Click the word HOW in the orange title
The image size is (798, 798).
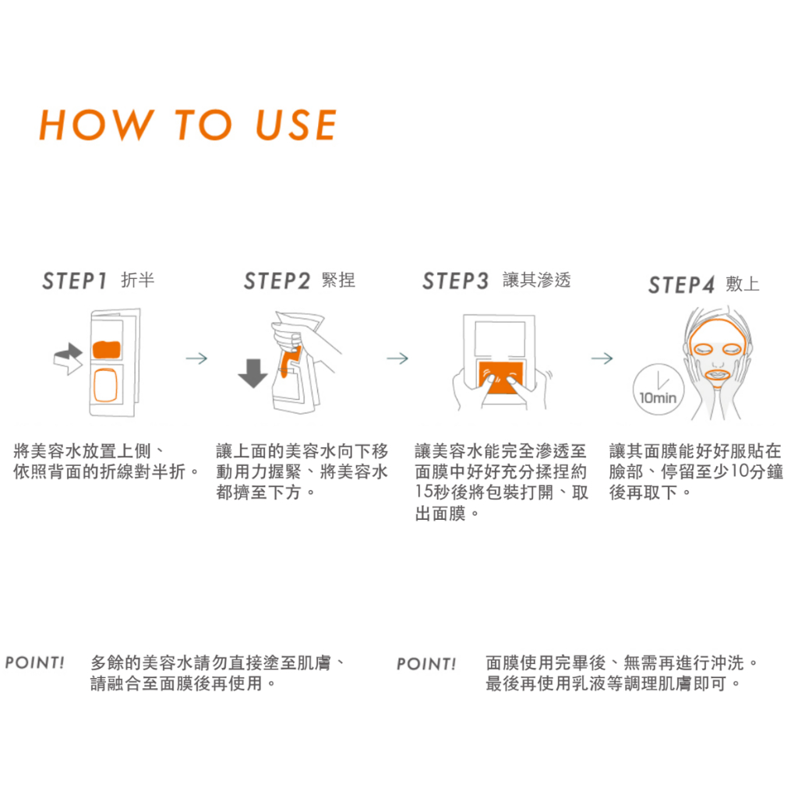pyautogui.click(x=96, y=125)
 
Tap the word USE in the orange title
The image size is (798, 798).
pyautogui.click(x=295, y=125)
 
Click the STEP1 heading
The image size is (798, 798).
pyautogui.click(x=74, y=281)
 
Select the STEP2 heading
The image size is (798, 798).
pyautogui.click(x=277, y=281)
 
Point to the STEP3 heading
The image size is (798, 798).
pyautogui.click(x=455, y=281)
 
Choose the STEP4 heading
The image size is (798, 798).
pyautogui.click(x=681, y=285)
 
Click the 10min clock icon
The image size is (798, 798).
pyautogui.click(x=659, y=390)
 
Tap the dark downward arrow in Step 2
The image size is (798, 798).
pyautogui.click(x=252, y=373)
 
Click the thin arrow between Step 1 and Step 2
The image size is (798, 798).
pyautogui.click(x=196, y=358)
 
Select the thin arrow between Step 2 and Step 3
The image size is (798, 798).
pyautogui.click(x=397, y=358)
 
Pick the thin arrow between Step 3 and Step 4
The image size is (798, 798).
pyautogui.click(x=602, y=358)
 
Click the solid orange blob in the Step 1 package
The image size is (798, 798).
pyautogui.click(x=106, y=350)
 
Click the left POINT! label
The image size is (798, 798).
pyautogui.click(x=34, y=662)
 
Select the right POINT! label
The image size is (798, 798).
pyautogui.click(x=426, y=664)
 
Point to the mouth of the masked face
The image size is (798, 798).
pyautogui.click(x=717, y=375)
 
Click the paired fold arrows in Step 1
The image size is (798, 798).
pyautogui.click(x=69, y=358)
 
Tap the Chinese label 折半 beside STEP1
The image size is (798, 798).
pyautogui.click(x=137, y=280)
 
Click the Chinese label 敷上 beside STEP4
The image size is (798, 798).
pyautogui.click(x=743, y=284)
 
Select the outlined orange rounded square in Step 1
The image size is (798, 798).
pyautogui.click(x=106, y=385)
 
